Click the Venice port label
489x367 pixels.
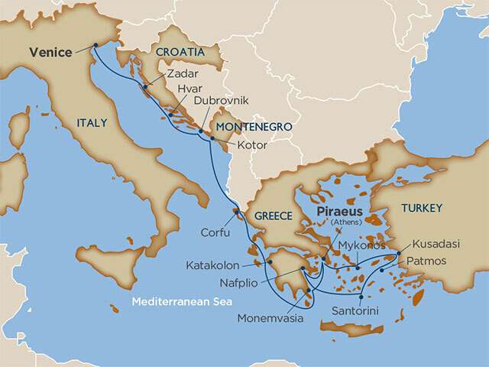(x=50, y=53)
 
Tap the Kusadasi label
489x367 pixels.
(x=436, y=244)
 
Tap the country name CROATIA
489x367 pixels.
(x=180, y=52)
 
